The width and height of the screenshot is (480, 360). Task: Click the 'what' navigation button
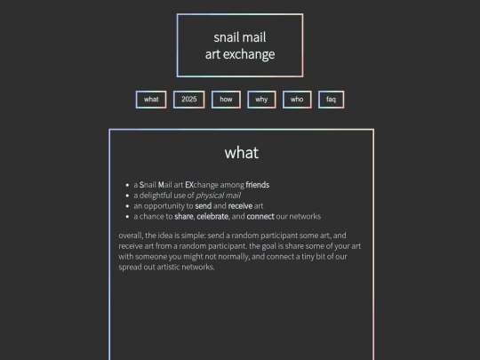point(151,100)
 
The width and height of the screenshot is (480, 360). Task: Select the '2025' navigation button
point(188,100)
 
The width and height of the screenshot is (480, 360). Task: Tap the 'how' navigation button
point(226,100)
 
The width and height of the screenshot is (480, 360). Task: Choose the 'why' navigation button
point(261,100)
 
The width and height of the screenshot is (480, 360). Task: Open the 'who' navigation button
point(297,100)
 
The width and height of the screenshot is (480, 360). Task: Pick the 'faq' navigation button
point(331,100)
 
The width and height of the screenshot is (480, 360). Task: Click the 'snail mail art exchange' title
point(240,45)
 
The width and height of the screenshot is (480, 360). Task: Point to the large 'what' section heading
point(242,153)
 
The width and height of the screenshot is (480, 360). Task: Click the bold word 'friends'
point(258,185)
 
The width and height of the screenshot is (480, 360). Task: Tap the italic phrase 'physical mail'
point(219,196)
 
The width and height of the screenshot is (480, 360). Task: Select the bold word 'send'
point(204,206)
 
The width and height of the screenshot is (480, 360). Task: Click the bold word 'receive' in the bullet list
point(240,206)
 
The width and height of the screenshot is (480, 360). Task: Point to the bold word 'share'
point(184,216)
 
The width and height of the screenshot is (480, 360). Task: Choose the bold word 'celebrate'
point(212,216)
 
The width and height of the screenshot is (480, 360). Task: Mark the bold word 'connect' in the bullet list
point(260,216)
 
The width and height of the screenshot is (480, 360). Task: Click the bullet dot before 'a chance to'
point(128,216)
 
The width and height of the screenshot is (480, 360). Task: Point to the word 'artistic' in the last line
point(168,267)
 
